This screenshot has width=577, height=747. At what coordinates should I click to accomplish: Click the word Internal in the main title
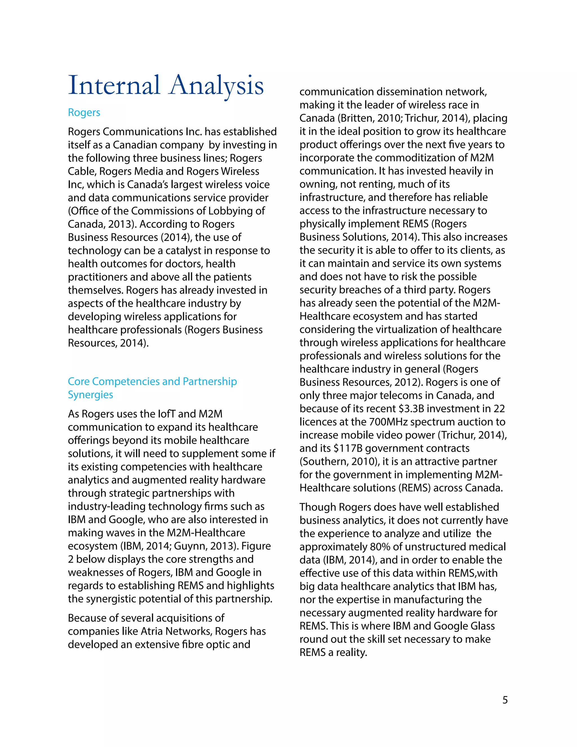pyautogui.click(x=114, y=85)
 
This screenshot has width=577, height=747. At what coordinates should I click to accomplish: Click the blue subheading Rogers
pyautogui.click(x=84, y=112)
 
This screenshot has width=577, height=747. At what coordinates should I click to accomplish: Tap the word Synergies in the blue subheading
pyautogui.click(x=90, y=395)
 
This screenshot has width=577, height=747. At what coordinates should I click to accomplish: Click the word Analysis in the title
pyautogui.click(x=216, y=85)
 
